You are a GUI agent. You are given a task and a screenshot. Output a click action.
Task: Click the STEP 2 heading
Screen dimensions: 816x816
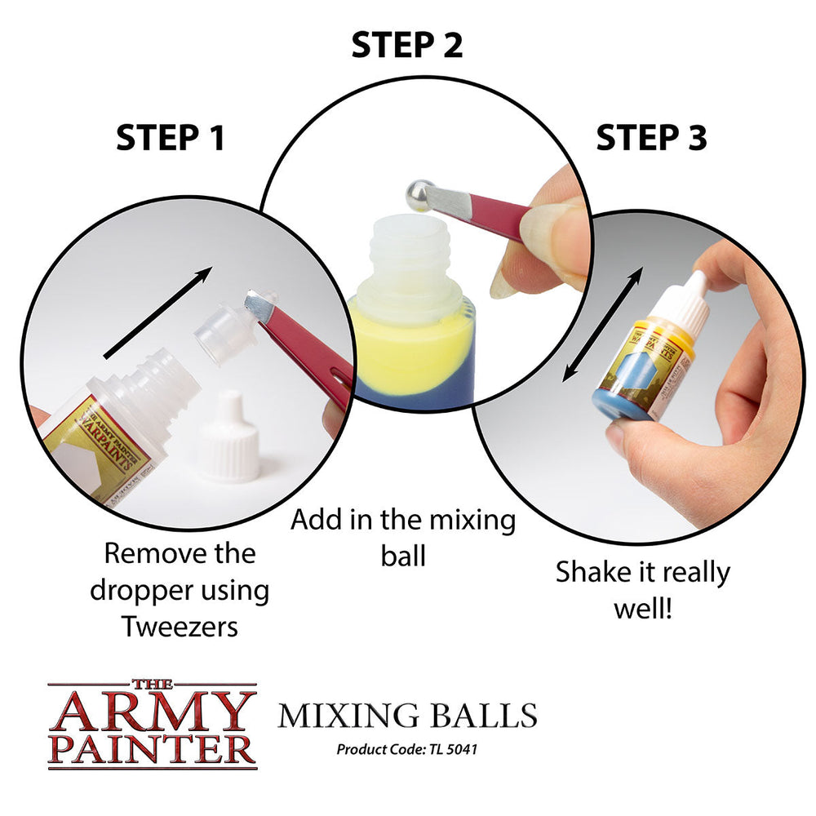[406, 45]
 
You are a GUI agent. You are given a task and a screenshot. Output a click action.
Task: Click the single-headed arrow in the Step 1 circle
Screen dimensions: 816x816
[158, 312]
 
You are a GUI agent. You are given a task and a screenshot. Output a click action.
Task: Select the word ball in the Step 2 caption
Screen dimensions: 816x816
[403, 556]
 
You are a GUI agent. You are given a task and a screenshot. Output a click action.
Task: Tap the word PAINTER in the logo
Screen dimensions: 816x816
[152, 748]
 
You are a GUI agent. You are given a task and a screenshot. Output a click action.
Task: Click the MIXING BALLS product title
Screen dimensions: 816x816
[407, 715]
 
